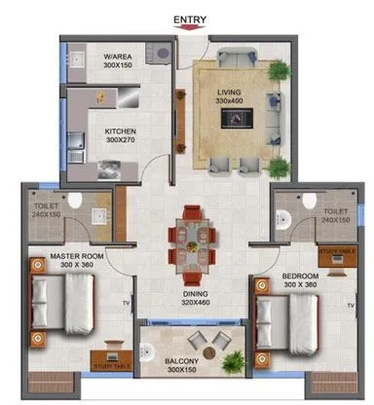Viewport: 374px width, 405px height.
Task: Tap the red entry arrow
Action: [189, 29]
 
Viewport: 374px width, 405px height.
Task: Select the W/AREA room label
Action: [120, 58]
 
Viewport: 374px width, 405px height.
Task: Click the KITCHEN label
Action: [120, 131]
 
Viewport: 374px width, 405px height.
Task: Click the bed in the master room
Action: [64, 300]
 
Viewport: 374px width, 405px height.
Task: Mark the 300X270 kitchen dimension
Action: [120, 141]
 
